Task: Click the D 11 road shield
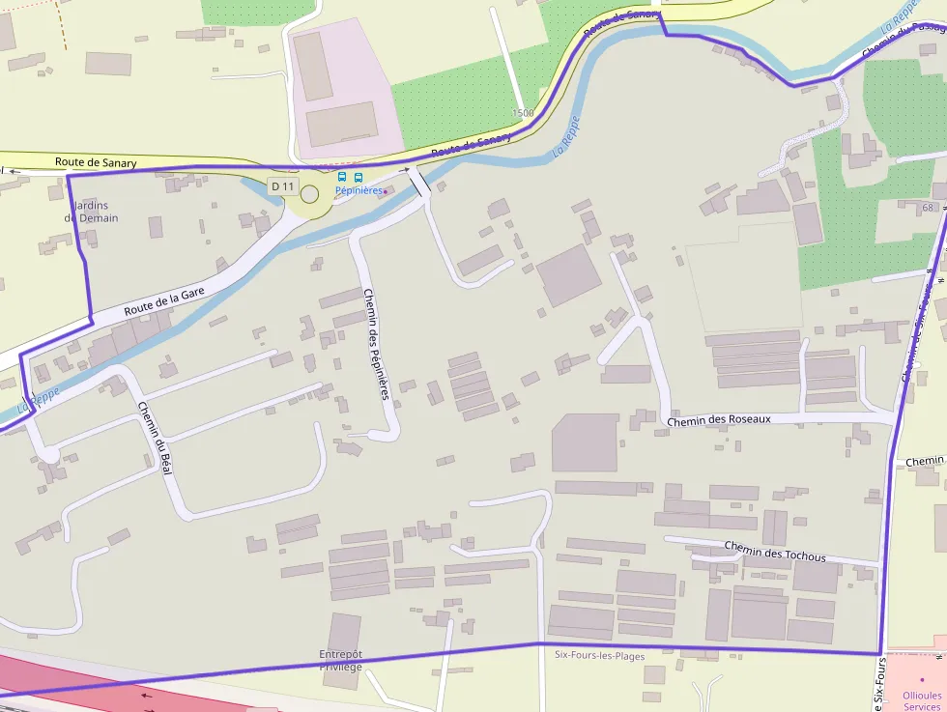point(283,185)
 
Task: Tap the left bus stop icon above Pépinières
point(342,177)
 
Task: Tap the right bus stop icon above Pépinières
point(359,177)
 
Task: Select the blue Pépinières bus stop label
point(358,191)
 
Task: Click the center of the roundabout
point(310,195)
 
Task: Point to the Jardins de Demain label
point(92,212)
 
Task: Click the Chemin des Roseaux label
point(719,419)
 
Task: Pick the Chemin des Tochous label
point(775,552)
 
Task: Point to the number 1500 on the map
point(523,113)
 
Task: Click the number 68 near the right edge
point(929,208)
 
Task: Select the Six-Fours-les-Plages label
point(599,655)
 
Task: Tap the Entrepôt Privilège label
point(341,661)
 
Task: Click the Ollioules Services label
point(921,700)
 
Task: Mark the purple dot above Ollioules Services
point(922,679)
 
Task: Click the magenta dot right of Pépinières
point(385,192)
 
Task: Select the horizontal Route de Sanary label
point(96,162)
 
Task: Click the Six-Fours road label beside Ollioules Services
point(879,683)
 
